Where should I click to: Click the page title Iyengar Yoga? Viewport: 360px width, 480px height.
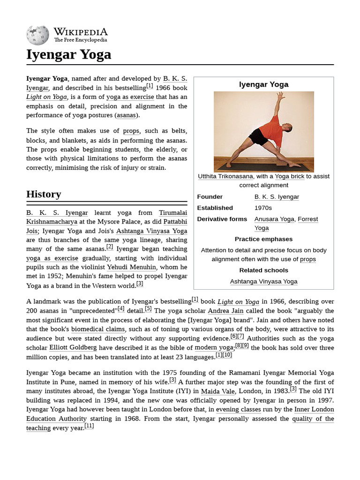69,55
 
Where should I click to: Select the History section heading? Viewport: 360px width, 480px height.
44,194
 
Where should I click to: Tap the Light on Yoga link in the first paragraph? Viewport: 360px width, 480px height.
47,97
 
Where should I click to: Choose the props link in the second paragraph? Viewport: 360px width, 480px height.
131,131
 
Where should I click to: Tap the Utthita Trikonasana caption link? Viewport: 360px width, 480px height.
225,176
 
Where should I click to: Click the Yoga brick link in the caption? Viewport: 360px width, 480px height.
289,176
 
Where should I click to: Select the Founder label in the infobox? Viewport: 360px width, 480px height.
210,197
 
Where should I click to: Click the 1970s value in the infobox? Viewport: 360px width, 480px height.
263,208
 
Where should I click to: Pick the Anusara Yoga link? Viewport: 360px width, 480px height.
274,219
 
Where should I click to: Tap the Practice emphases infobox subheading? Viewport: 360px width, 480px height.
263,239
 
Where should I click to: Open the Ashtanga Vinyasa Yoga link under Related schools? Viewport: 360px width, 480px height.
263,281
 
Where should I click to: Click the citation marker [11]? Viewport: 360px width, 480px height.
89,426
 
